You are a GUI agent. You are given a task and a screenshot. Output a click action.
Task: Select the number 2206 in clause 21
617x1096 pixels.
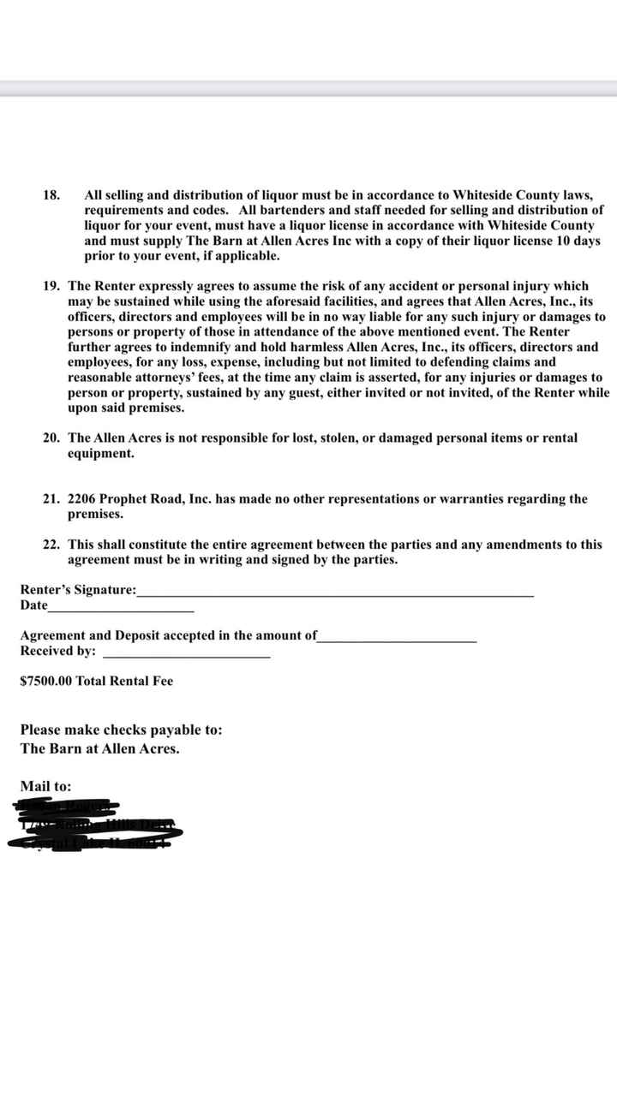[x=84, y=498]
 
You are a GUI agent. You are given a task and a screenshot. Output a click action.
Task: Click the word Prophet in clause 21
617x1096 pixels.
[x=126, y=498]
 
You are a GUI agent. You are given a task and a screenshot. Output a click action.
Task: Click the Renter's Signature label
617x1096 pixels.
[x=78, y=589]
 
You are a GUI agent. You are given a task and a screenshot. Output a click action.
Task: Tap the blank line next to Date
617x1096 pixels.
[x=121, y=609]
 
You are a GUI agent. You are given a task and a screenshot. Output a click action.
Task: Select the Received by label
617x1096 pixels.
[x=57, y=651]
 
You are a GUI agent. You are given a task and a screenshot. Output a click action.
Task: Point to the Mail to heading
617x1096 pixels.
[x=45, y=785]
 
